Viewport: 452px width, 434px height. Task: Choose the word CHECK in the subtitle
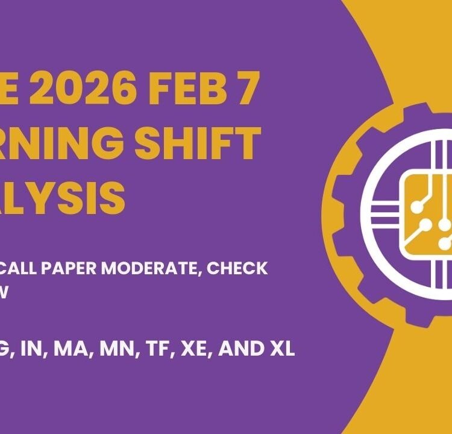[237, 269]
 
